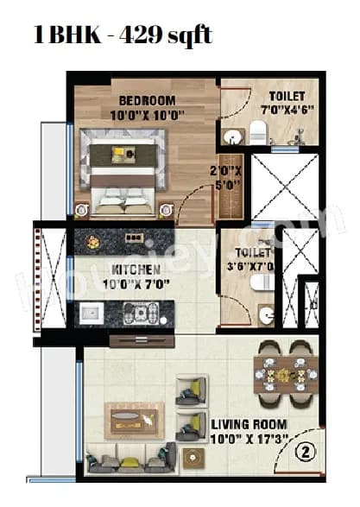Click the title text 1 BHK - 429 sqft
pos(122,35)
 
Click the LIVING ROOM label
pos(249,425)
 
